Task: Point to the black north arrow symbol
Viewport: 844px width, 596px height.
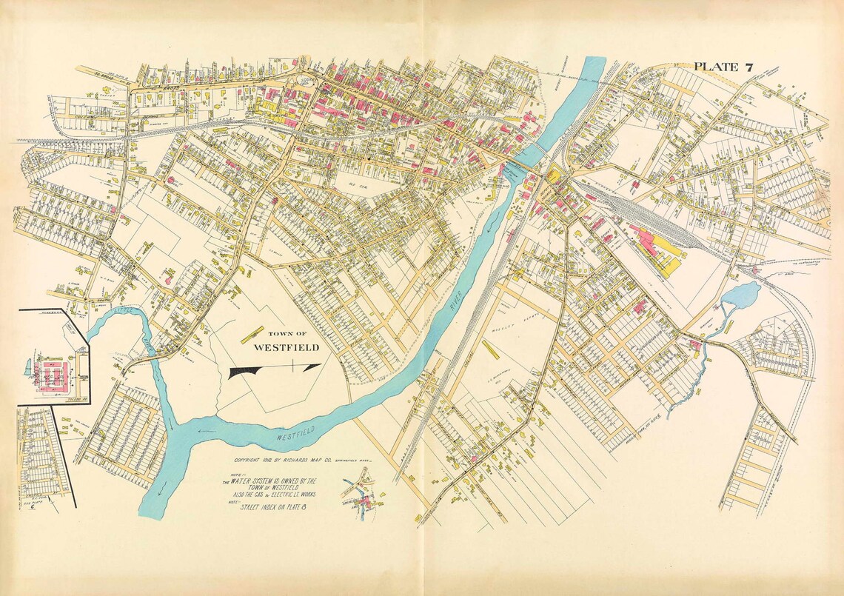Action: click(275, 370)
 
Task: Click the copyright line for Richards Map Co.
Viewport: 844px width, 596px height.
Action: click(305, 461)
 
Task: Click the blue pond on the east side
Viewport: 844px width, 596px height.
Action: click(743, 295)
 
